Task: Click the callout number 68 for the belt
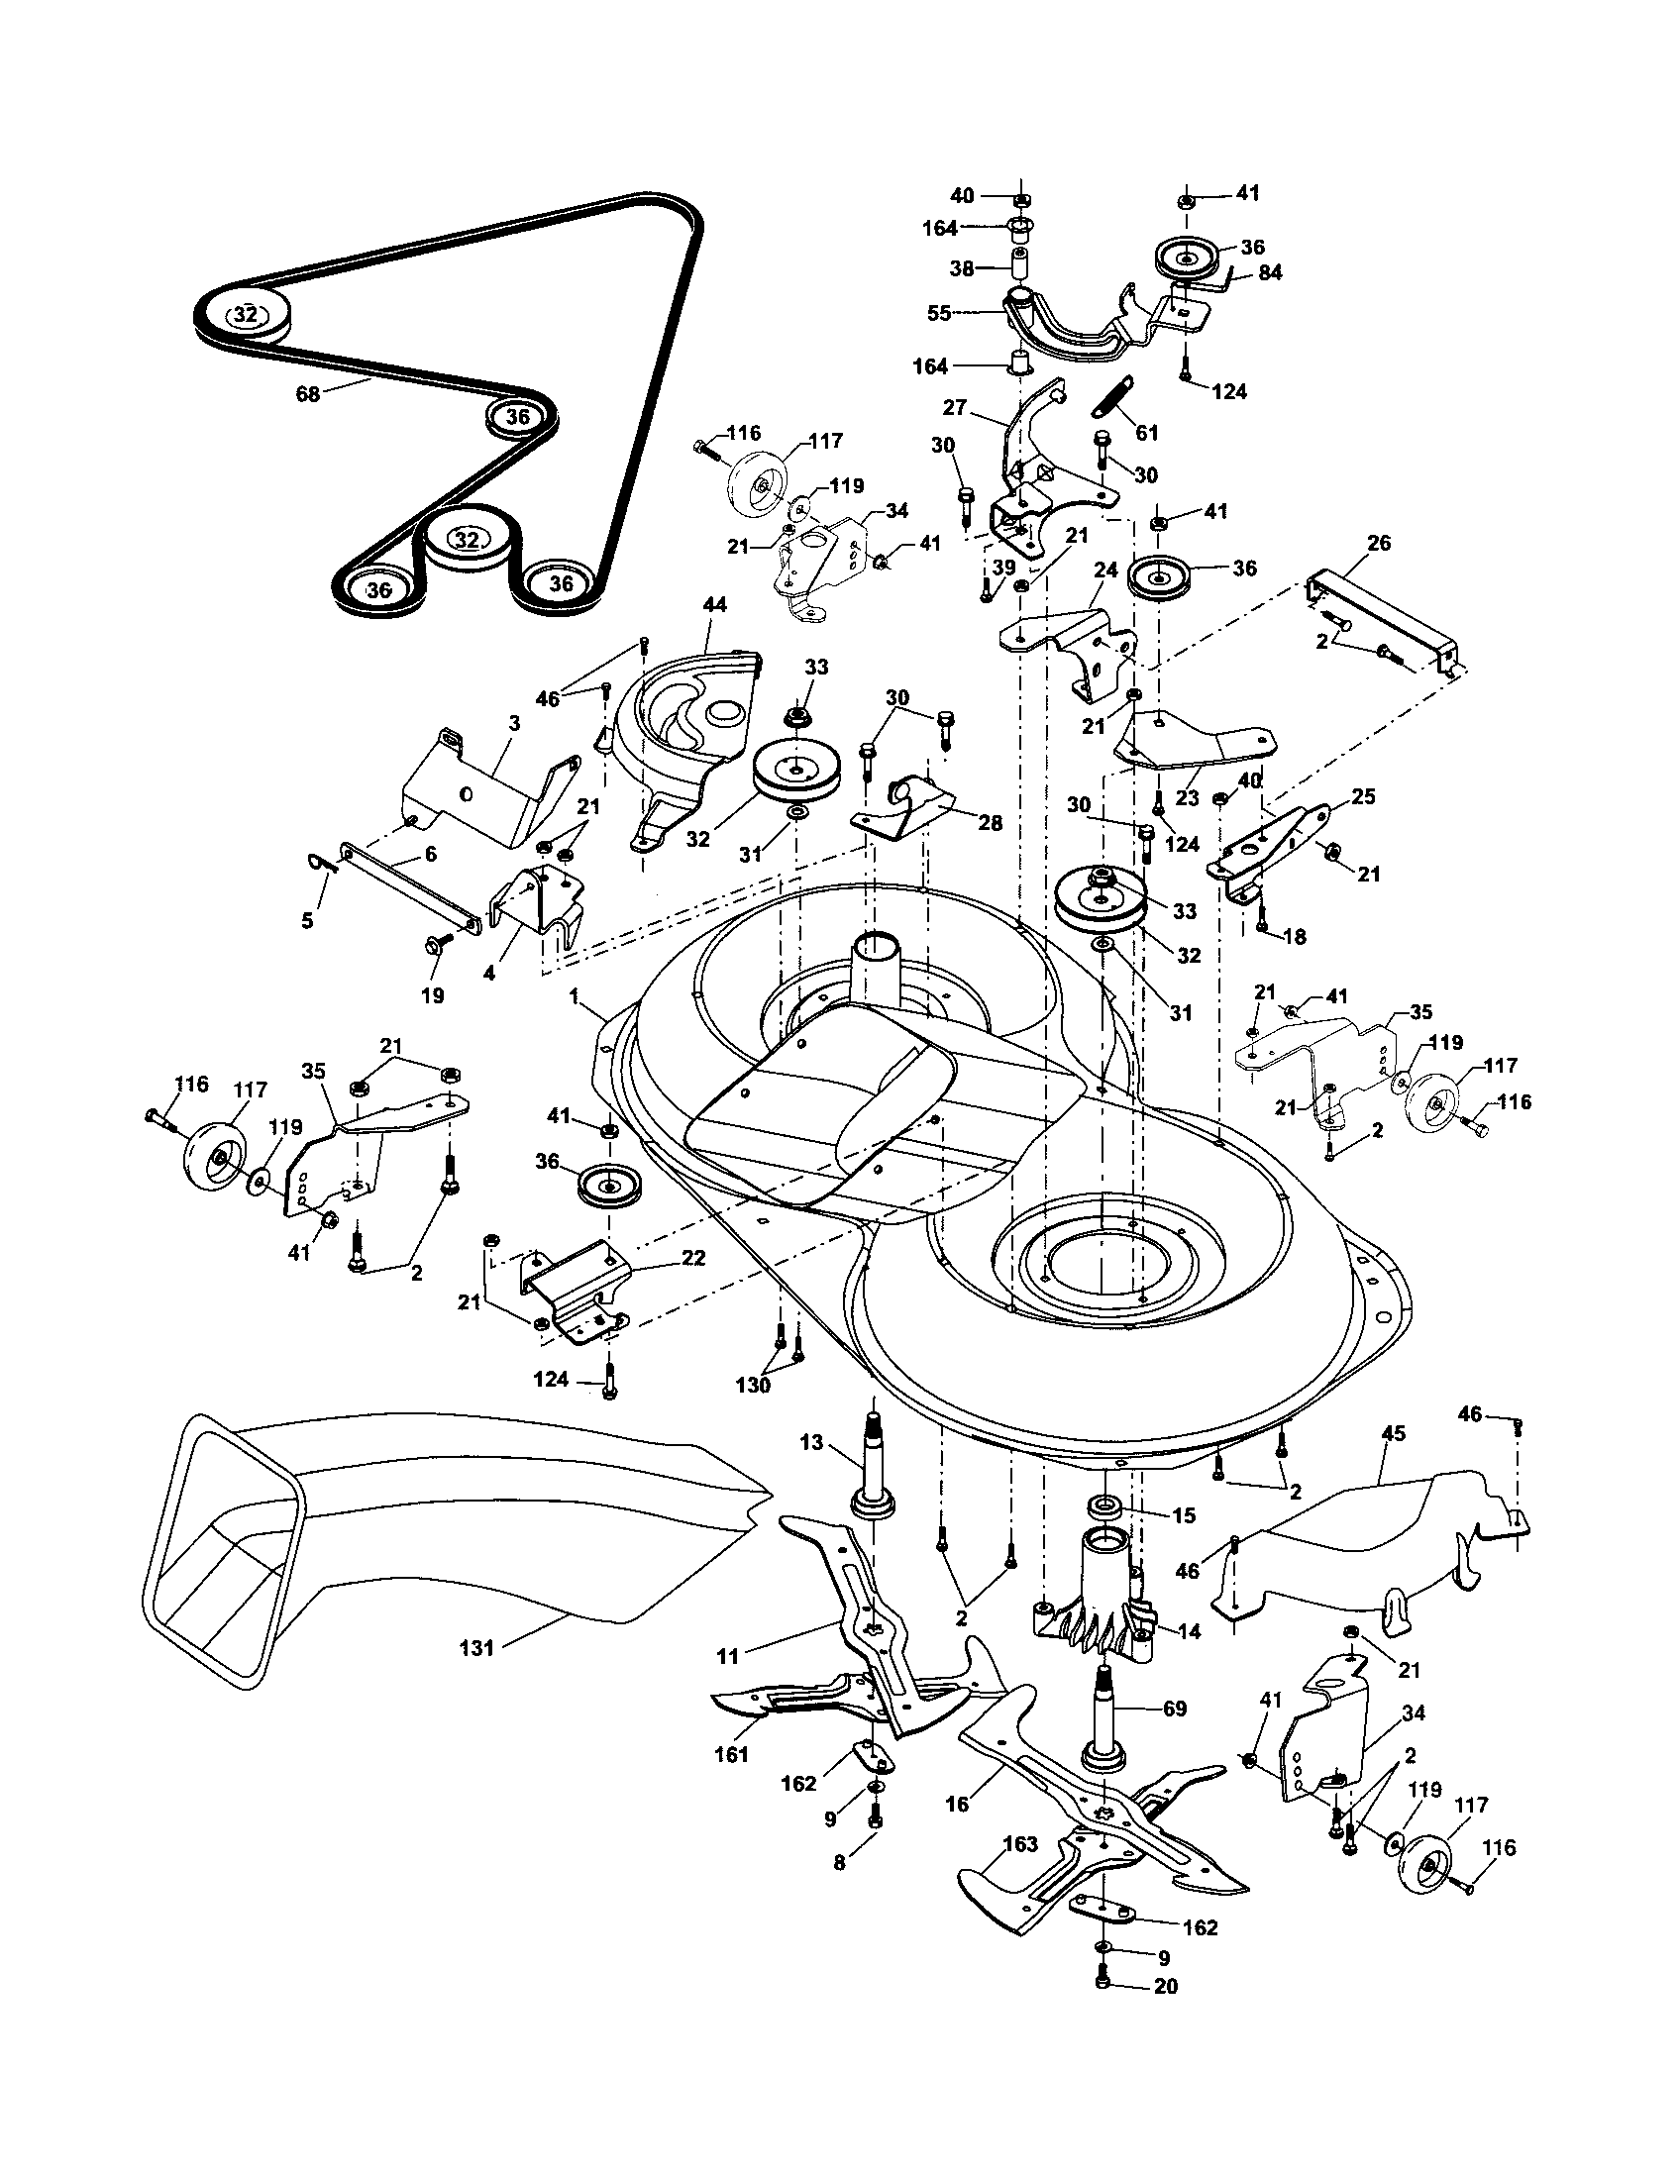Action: [307, 393]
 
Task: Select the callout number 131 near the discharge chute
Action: [475, 1648]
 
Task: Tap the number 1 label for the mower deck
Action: [575, 994]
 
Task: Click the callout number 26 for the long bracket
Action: [1379, 544]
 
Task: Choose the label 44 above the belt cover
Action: [714, 604]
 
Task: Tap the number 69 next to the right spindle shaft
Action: [1174, 1709]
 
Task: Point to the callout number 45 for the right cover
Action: [1393, 1434]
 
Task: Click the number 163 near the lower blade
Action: [1020, 1844]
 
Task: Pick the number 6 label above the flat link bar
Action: [431, 854]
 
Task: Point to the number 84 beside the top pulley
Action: [1270, 272]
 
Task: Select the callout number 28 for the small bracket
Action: [990, 823]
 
